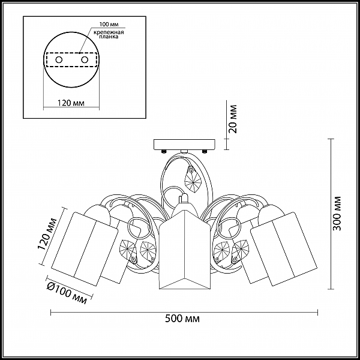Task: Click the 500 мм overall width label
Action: click(x=182, y=319)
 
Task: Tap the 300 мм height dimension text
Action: click(x=337, y=214)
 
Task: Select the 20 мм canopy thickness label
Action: click(x=233, y=119)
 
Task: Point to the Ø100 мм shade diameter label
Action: click(x=67, y=293)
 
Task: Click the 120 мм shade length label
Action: click(x=47, y=234)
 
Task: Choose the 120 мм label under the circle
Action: click(x=70, y=103)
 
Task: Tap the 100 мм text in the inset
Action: click(x=109, y=25)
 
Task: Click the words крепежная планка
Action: click(x=109, y=34)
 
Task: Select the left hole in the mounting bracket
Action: click(x=59, y=60)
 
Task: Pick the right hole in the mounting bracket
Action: click(x=85, y=60)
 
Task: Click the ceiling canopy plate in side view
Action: click(x=185, y=144)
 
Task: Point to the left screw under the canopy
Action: click(x=164, y=152)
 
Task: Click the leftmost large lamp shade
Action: click(x=84, y=249)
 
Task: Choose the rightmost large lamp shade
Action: click(x=284, y=249)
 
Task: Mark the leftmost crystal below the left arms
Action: click(x=128, y=251)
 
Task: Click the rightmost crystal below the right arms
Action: click(x=241, y=251)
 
